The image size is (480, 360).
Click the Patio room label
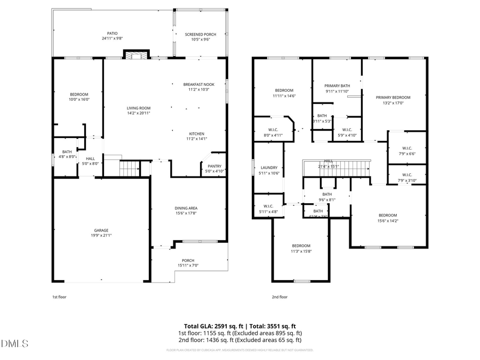tap(112, 33)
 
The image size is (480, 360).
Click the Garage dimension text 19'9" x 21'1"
tap(101, 235)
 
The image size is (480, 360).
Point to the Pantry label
tap(215, 166)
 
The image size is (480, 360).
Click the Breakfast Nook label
tap(198, 84)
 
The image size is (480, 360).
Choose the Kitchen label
tap(197, 133)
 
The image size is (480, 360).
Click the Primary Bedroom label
tap(393, 97)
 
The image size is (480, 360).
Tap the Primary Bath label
tap(337, 86)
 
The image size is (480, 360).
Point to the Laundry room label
tap(268, 167)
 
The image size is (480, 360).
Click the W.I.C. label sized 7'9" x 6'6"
tap(406, 148)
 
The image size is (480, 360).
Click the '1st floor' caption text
tap(59, 297)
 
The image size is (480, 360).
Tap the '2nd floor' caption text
tap(279, 297)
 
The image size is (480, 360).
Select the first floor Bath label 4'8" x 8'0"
tap(67, 152)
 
